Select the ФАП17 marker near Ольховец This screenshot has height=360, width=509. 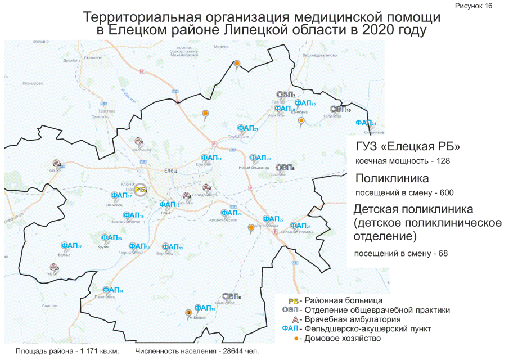[x=121, y=196]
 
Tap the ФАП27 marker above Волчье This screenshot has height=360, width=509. [x=71, y=246]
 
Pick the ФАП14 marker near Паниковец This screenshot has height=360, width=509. [x=113, y=290]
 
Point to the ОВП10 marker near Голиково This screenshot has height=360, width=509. [x=340, y=109]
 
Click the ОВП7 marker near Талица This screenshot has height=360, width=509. [x=286, y=94]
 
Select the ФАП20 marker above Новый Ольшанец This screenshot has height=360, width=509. [x=260, y=158]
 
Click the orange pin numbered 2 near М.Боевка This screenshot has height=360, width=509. [x=188, y=313]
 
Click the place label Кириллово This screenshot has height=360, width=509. [x=33, y=83]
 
